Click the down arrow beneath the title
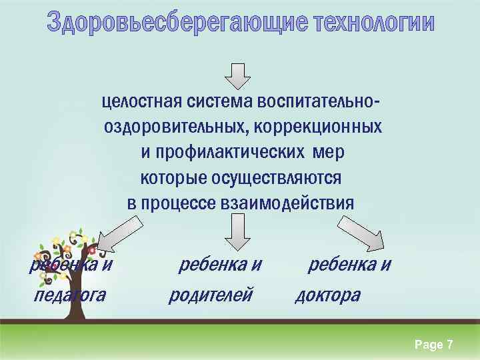pos(237,75)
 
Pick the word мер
pos(328,152)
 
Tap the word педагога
pos(70,294)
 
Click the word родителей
pos(211,294)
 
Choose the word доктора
pos(327,294)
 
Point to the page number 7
pos(450,345)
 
